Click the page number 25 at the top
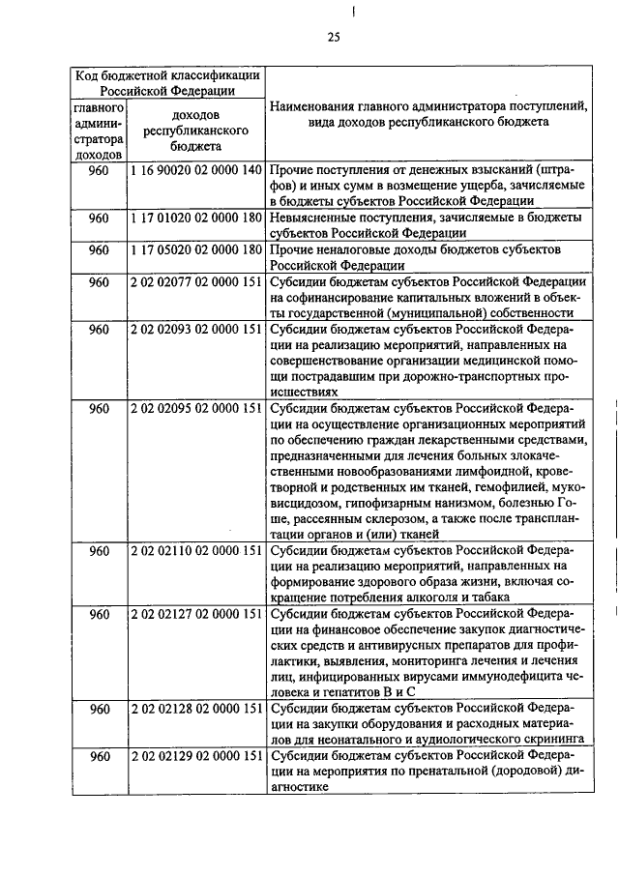pos(333,38)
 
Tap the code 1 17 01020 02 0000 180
pos(195,219)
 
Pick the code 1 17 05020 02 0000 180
pos(195,250)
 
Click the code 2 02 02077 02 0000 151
pos(195,282)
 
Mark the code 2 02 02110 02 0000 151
pos(195,551)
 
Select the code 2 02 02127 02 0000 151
pos(195,615)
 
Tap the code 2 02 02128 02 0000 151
pos(195,710)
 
